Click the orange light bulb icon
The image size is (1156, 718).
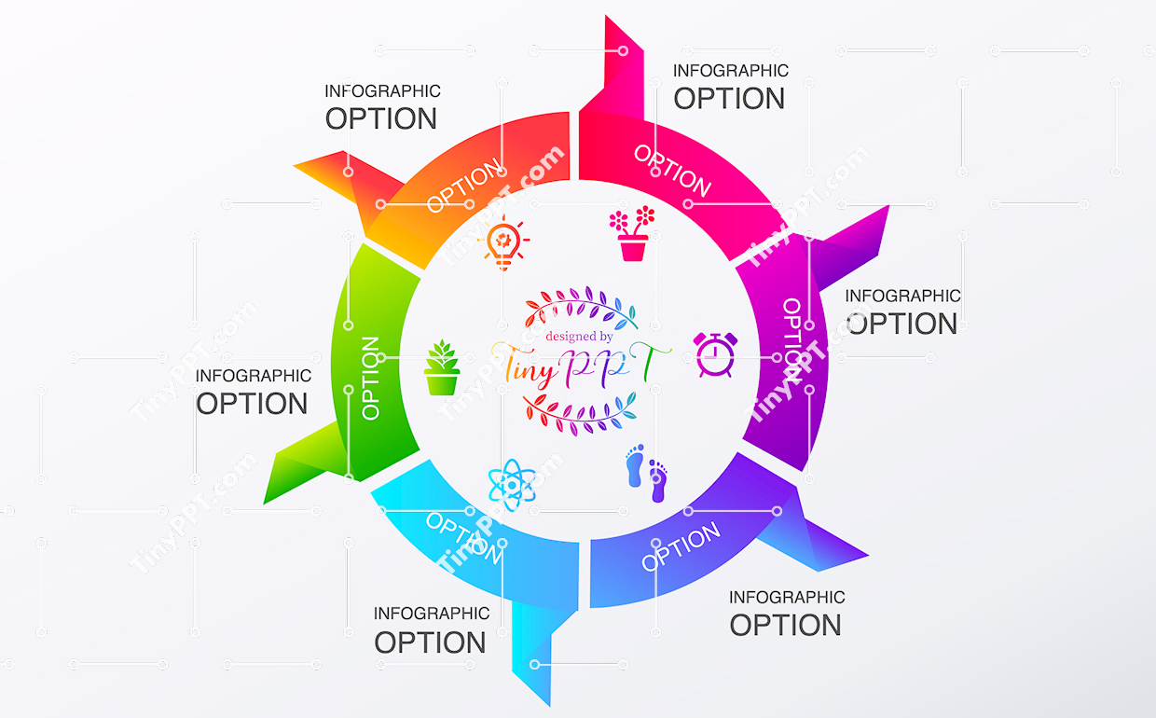coord(504,242)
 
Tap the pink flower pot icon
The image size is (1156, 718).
coord(632,234)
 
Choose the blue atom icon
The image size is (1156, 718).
coord(511,484)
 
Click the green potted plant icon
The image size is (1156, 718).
coord(442,368)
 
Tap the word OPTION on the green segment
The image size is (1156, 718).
coord(370,378)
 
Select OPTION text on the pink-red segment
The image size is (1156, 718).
coord(672,170)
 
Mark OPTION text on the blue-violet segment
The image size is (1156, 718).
coord(681,546)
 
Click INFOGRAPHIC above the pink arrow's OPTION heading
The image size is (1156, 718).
coord(731,71)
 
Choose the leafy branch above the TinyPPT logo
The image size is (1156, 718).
coord(583,309)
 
